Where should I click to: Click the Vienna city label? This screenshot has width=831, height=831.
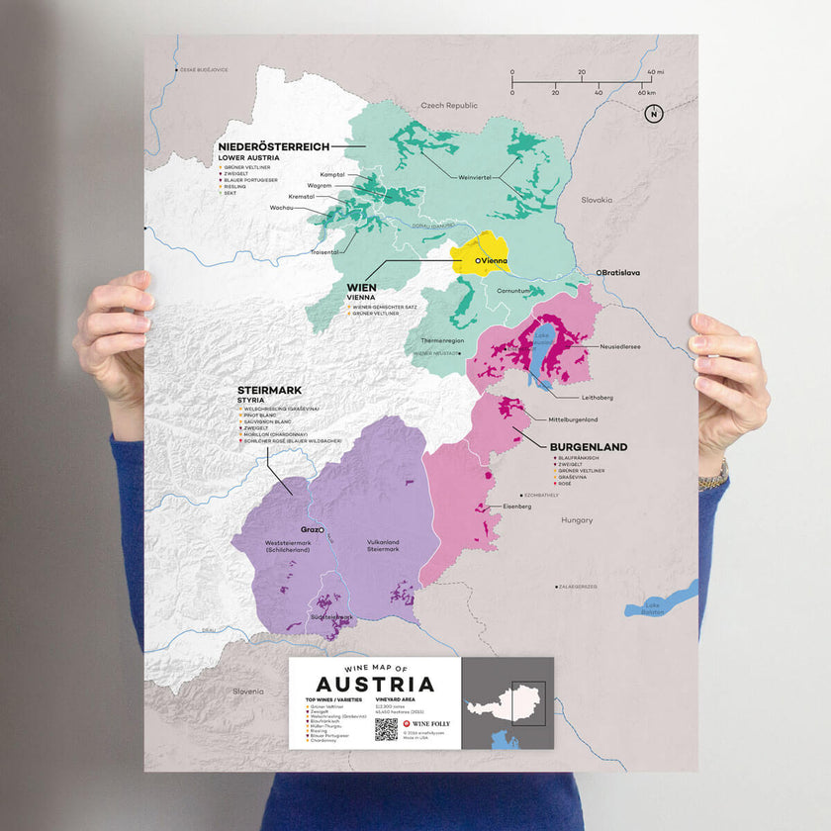(494, 259)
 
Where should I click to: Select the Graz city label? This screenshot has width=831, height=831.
(312, 529)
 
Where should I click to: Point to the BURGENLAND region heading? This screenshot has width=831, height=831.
(590, 447)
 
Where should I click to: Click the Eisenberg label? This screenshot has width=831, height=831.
(517, 506)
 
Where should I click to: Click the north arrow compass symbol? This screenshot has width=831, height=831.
(652, 114)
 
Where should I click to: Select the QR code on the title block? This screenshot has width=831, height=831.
(386, 729)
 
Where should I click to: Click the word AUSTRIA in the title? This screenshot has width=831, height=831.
(375, 685)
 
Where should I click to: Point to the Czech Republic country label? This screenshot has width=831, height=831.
(449, 105)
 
